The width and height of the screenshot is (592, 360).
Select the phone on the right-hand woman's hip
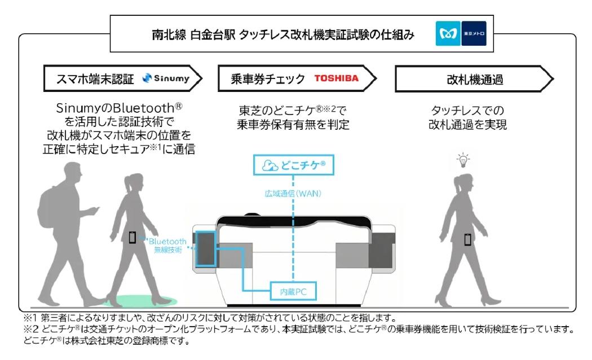[x=467, y=240]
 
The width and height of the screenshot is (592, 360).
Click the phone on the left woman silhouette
[x=132, y=238]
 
